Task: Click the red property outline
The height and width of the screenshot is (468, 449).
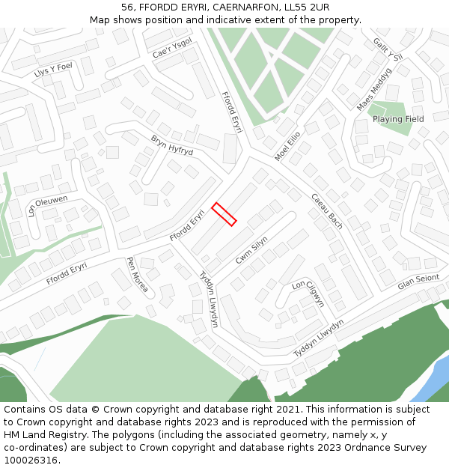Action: tap(224, 214)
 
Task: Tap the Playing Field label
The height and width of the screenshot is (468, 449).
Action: tap(398, 119)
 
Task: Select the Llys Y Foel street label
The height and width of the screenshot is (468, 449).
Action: tap(53, 70)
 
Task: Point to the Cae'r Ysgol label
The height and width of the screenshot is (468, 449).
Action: tap(172, 48)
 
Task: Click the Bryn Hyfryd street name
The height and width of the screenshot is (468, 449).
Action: tap(172, 145)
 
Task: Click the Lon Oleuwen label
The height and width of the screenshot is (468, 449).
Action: tap(47, 205)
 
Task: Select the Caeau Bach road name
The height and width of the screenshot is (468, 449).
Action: tap(327, 211)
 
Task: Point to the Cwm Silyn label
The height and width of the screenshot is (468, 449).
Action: tap(251, 249)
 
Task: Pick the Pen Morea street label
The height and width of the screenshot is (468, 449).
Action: tap(137, 275)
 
